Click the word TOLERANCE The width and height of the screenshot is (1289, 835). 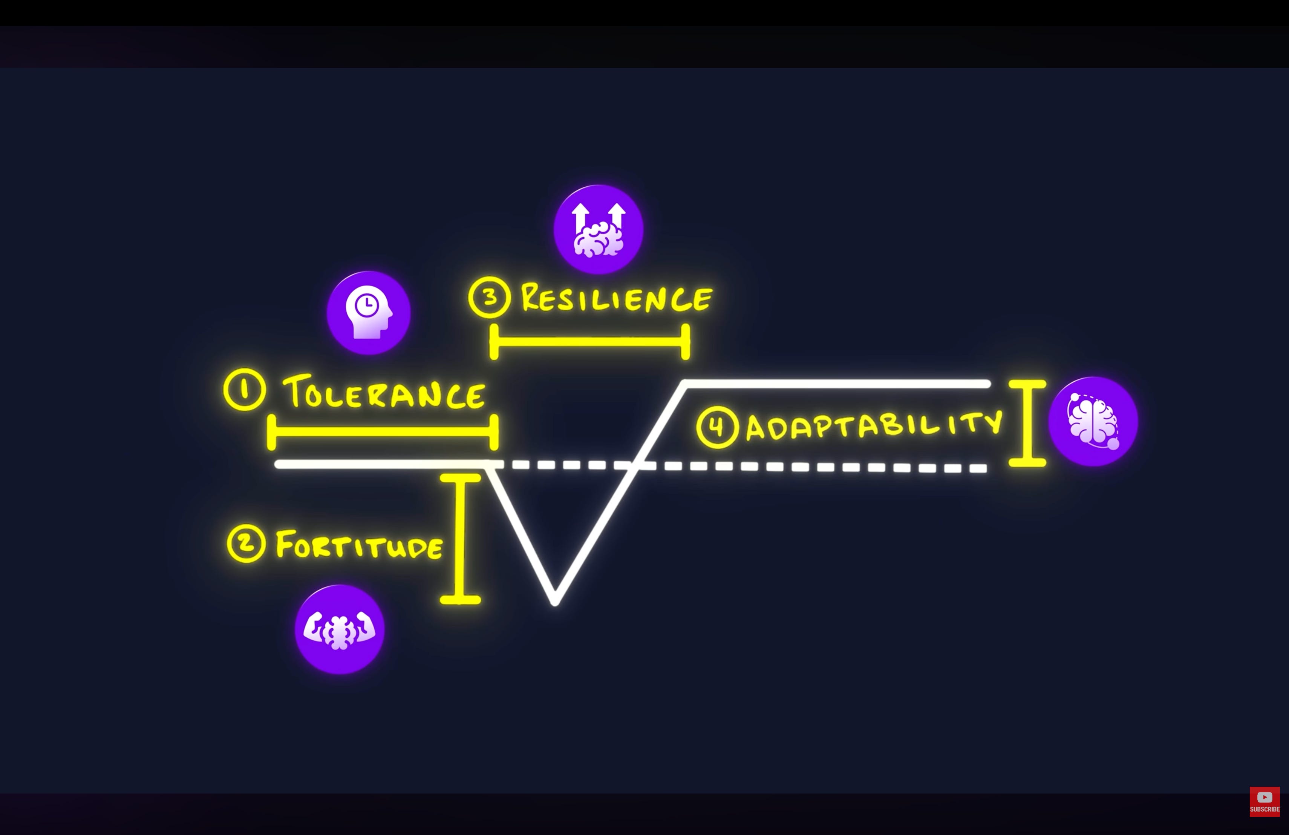383,392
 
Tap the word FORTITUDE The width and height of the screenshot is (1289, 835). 359,545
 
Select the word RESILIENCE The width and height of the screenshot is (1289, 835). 616,298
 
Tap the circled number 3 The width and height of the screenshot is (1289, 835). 490,297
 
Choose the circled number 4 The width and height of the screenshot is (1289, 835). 718,427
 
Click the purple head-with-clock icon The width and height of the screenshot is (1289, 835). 368,313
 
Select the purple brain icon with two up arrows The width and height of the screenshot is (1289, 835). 599,229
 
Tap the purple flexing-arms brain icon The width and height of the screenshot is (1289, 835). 340,629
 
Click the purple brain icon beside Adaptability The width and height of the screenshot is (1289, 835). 1093,422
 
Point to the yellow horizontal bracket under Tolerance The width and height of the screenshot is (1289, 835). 383,432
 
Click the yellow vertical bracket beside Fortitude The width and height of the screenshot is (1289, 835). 460,539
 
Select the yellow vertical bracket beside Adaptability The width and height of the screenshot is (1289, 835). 1027,423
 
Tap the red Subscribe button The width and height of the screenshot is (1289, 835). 1265,801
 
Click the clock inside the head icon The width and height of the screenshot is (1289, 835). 367,305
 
